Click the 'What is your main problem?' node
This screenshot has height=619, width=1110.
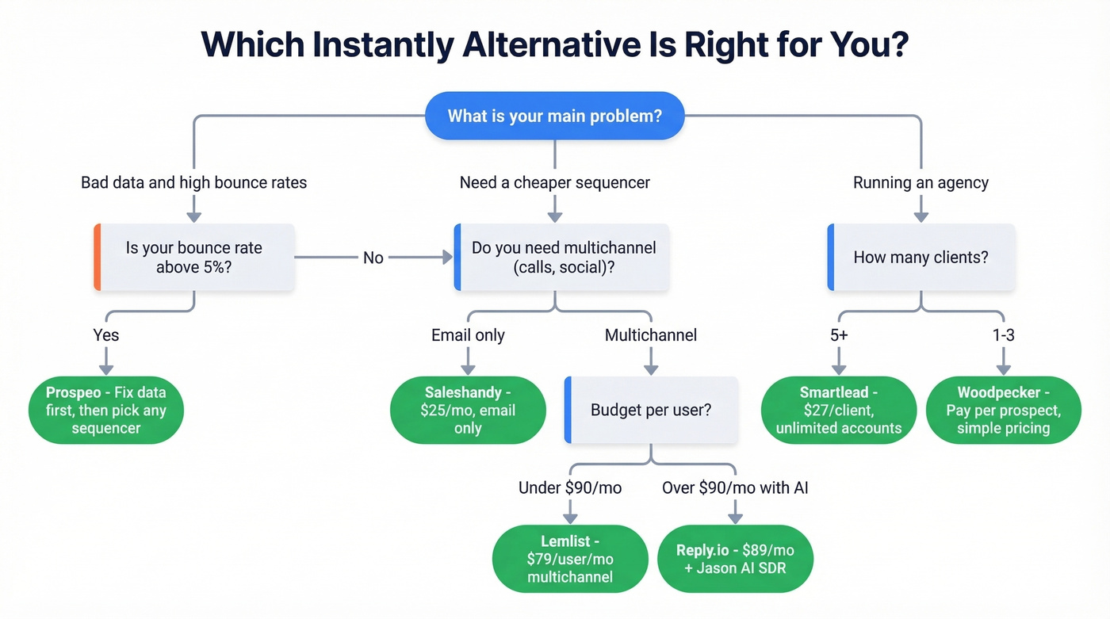click(554, 117)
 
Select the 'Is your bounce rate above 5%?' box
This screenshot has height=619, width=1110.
click(194, 258)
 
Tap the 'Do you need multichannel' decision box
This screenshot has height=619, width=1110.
click(562, 258)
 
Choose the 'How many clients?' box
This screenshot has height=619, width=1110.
click(921, 258)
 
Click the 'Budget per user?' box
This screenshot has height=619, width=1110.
click(651, 410)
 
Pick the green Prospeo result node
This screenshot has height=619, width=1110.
click(105, 410)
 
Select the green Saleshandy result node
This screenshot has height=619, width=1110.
click(468, 410)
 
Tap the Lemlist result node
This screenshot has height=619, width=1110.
click(570, 558)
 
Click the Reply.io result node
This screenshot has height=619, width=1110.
click(735, 558)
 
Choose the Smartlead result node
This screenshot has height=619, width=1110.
click(839, 410)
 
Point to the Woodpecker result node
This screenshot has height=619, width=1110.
click(1003, 410)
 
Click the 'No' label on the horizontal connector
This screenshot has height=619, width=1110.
click(373, 258)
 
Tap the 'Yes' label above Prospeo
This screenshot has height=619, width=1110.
click(105, 334)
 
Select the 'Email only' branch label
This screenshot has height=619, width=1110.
click(468, 335)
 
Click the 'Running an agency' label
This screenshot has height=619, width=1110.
click(921, 182)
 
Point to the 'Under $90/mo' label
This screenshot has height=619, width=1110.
click(570, 487)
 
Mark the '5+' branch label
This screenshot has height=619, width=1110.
click(839, 334)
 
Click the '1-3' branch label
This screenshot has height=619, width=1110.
click(1003, 334)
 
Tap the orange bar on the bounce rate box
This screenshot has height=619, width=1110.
click(98, 258)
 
